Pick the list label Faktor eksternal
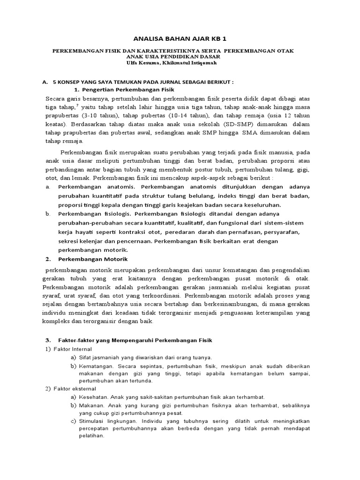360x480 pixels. point(73,389)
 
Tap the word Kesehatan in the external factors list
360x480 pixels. point(93,397)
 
